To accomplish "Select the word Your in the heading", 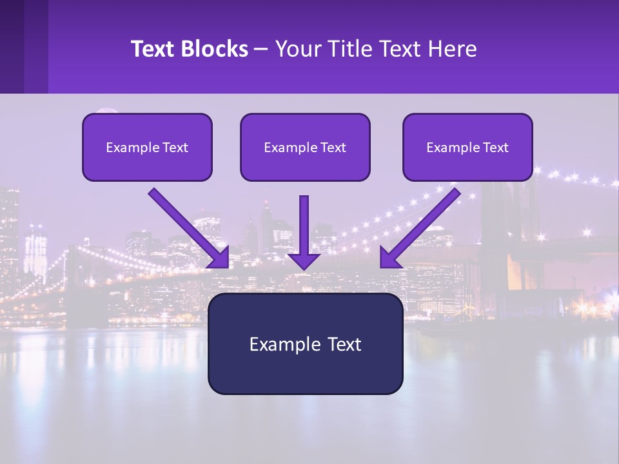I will pyautogui.click(x=296, y=49).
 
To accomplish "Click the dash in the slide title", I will pyautogui.click(x=261, y=50).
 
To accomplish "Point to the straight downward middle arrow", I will pyautogui.click(x=304, y=226).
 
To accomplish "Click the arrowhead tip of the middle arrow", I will pyautogui.click(x=304, y=267).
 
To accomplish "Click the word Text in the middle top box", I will pyautogui.click(x=333, y=148).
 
